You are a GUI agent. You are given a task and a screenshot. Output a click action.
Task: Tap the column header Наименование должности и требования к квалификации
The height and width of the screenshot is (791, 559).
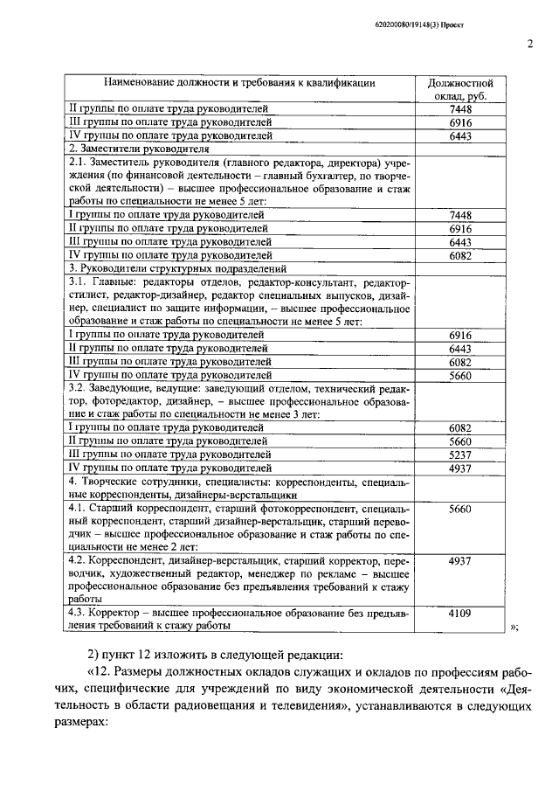pyautogui.click(x=239, y=83)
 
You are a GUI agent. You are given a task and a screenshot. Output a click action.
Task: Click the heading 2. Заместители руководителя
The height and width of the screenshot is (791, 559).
pyautogui.click(x=128, y=149)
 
